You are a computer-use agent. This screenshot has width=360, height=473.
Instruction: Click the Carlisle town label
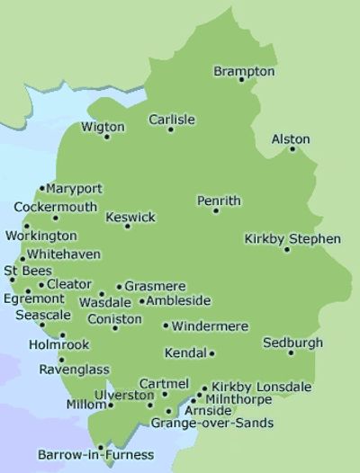pos(172,120)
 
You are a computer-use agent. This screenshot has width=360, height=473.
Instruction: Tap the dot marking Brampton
pos(241,80)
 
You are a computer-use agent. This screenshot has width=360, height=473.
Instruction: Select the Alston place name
pos(290,139)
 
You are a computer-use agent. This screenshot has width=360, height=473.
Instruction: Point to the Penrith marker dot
pos(216,210)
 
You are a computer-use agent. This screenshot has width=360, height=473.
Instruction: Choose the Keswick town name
pos(130,217)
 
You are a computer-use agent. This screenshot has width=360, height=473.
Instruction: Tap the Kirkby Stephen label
pos(292,238)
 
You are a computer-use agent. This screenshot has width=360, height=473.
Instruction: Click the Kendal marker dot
pos(212,353)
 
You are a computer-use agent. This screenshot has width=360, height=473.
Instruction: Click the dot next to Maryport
pos(42,189)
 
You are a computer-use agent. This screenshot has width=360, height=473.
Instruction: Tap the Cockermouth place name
pos(55,207)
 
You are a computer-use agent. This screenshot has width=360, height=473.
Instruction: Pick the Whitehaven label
pos(64,254)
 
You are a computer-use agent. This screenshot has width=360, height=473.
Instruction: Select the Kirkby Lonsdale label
pos(262,387)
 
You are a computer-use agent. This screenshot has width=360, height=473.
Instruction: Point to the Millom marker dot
pos(111,406)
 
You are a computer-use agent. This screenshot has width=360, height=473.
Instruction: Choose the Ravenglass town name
pos(74,369)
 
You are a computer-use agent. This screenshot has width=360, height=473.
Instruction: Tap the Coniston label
pos(114,318)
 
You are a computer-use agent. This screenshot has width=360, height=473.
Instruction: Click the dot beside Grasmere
pos(119,287)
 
